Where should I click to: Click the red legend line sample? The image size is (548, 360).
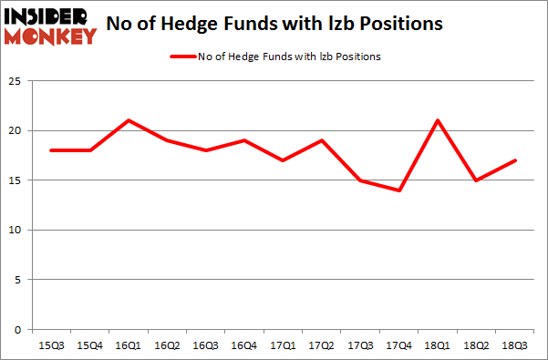click(x=182, y=57)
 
